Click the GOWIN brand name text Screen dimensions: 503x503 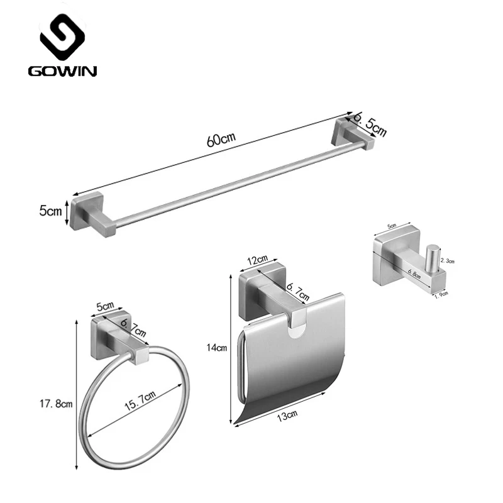click(62, 71)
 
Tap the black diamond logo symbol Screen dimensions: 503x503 click(62, 37)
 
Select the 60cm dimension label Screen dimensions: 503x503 click(221, 139)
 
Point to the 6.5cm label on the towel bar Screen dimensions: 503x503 click(370, 124)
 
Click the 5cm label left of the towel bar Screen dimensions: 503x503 click(50, 211)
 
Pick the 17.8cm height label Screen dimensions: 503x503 click(56, 404)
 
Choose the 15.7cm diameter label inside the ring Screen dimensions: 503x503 click(140, 401)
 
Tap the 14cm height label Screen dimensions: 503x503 click(216, 348)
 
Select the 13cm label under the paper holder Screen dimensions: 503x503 click(287, 416)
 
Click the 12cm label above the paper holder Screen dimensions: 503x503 click(258, 260)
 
